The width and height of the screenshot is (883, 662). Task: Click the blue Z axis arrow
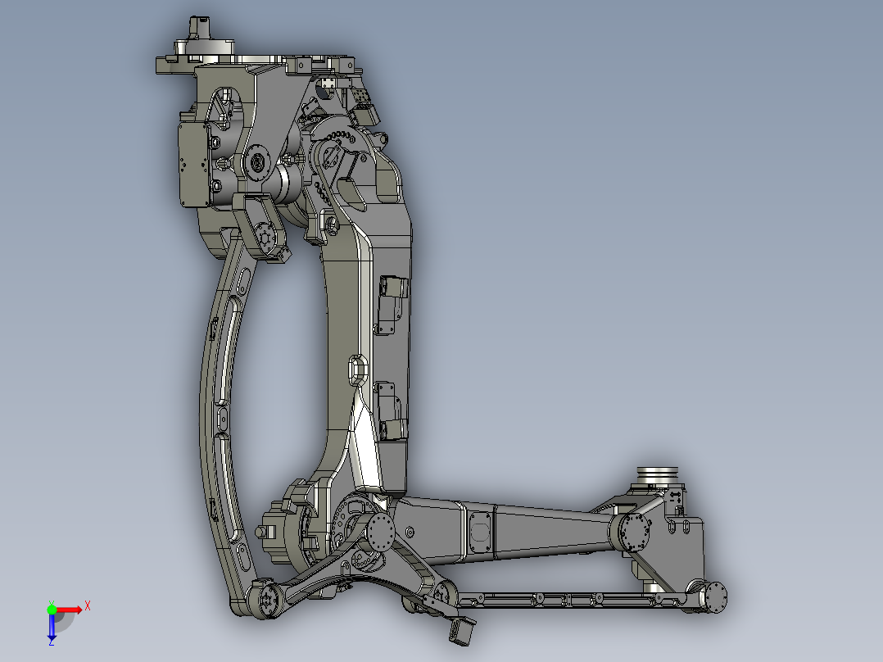tap(52, 628)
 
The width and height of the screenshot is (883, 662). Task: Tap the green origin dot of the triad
tap(52, 609)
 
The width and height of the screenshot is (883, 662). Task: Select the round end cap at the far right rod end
tap(715, 597)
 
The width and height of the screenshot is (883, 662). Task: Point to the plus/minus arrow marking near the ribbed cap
tap(677, 496)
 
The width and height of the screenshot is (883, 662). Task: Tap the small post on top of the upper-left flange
tap(195, 29)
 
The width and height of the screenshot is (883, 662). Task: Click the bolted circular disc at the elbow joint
tap(382, 533)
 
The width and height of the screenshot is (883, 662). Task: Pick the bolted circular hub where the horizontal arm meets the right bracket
tap(634, 533)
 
